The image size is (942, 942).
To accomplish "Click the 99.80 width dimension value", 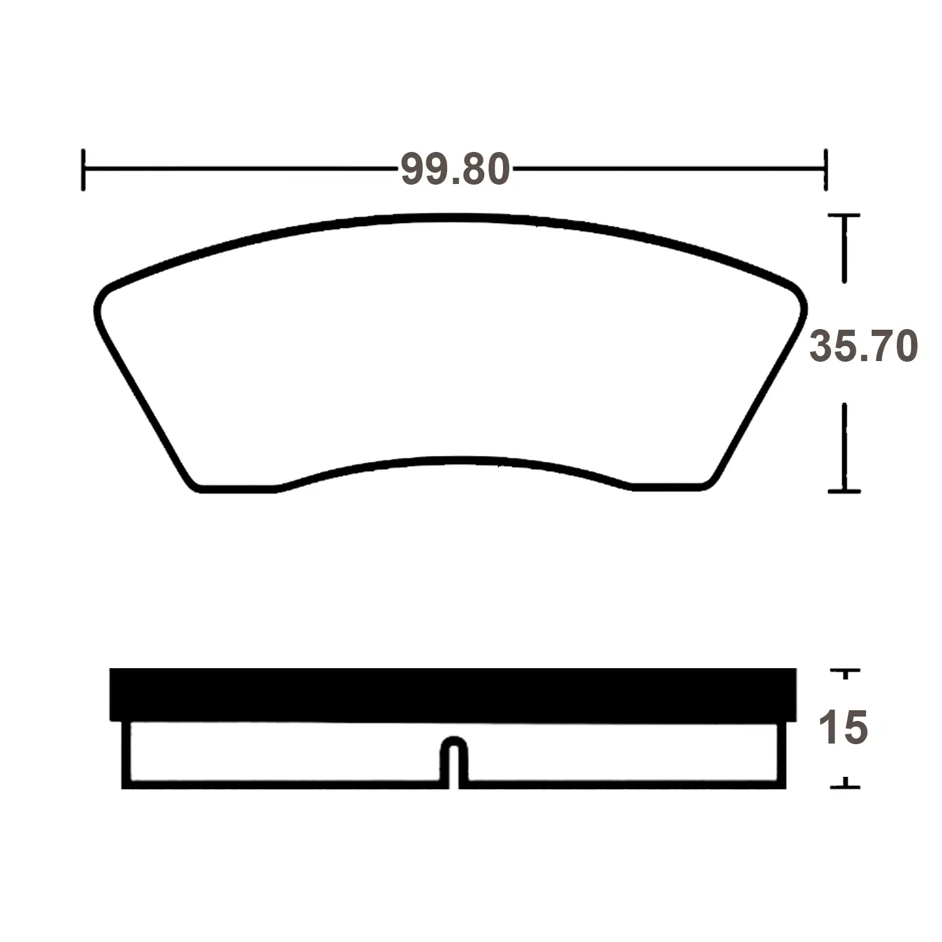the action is (455, 170).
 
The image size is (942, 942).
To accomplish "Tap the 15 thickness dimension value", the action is (843, 728).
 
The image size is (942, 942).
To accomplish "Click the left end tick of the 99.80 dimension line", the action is (83, 170).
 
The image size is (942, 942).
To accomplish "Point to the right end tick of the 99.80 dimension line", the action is (825, 170).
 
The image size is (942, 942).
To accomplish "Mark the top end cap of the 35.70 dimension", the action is (844, 216).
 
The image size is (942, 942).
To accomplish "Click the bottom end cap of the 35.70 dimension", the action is (844, 490).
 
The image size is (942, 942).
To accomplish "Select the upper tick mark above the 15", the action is (845, 673).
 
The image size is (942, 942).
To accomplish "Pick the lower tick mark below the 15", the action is (845, 784).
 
